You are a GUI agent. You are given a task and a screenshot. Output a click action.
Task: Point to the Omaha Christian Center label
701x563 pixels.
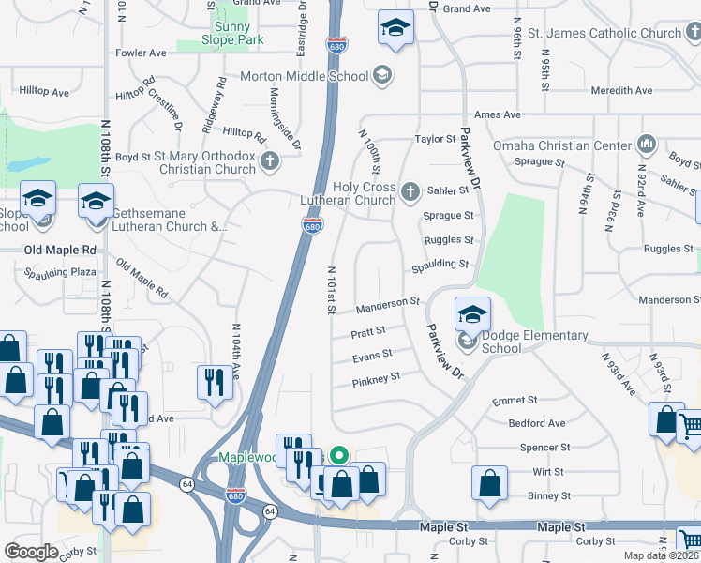(565, 145)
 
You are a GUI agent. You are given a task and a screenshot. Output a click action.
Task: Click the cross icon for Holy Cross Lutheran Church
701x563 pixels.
(410, 193)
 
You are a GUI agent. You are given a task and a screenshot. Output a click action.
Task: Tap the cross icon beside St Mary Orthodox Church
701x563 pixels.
(270, 162)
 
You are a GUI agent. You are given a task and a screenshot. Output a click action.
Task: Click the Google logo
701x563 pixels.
(32, 551)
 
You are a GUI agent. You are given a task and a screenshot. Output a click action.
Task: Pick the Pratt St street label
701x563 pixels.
(368, 332)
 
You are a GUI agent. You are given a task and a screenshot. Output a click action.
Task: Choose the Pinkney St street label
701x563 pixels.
(376, 378)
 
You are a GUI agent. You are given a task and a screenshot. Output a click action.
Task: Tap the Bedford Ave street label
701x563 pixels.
(537, 423)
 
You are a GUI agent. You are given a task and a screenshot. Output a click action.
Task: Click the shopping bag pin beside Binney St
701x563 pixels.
(490, 484)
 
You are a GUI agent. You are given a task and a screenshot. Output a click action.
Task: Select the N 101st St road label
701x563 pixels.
(331, 290)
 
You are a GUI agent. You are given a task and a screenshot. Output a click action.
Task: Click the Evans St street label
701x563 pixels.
(372, 356)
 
